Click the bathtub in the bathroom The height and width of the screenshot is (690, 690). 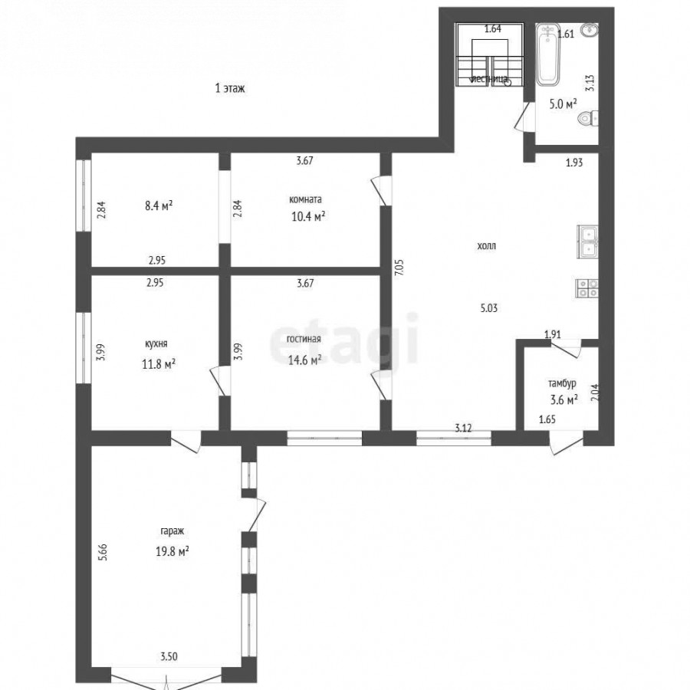pos(548,54)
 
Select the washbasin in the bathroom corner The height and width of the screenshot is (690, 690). pos(589,31)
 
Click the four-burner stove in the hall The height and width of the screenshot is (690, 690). pos(587,289)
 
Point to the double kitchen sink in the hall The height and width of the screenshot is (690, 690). pos(587,242)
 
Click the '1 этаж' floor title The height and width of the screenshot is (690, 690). pos(230,88)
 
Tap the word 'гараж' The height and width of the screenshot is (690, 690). pos(172,531)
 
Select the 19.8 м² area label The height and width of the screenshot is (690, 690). pos(172,551)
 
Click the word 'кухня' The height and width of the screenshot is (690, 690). pos(156,343)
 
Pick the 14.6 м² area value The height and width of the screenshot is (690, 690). pos(304,360)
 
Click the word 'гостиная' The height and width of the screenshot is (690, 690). pos(304,339)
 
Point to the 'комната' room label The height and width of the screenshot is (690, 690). pos(305,199)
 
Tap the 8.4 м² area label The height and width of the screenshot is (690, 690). pos(159,205)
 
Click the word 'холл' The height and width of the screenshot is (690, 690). pos(486,245)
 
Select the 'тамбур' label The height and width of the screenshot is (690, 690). pos(562,383)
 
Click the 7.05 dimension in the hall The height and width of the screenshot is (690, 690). pos(399,268)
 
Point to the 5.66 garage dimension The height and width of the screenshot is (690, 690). pos(103,552)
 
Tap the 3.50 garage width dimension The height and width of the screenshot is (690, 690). pos(169,656)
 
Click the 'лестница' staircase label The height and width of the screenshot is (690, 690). pos(489,79)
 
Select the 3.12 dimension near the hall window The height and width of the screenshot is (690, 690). pos(463,428)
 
